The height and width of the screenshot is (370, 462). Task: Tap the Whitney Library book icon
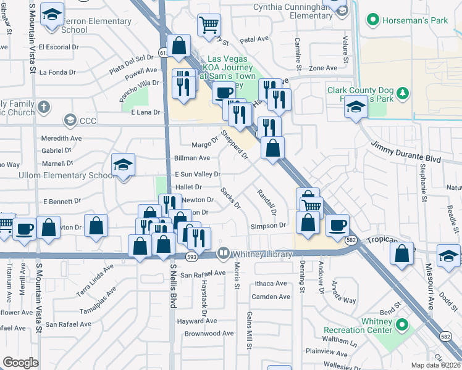coord(223,253)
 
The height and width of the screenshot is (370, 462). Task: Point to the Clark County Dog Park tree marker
coord(403,93)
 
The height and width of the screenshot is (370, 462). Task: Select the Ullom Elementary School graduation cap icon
coord(124,165)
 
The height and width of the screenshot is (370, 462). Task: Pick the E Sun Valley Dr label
coord(198,175)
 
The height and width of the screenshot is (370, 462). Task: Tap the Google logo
coord(20,363)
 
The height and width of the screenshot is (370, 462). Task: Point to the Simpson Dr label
coord(269,226)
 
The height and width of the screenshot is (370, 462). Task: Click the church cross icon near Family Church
coord(43,107)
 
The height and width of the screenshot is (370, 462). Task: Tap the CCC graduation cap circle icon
coord(70,121)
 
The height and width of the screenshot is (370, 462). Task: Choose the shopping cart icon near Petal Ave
coord(209,25)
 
